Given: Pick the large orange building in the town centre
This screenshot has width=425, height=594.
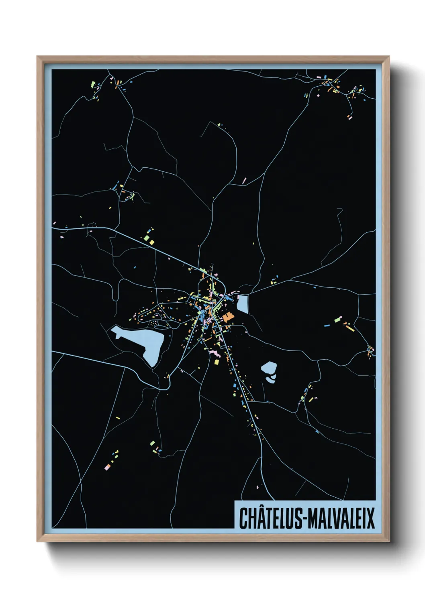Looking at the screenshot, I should coord(228,317).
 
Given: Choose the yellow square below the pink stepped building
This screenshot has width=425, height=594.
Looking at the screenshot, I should coord(217,362).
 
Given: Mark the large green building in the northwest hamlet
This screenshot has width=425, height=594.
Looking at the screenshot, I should coord(93,84).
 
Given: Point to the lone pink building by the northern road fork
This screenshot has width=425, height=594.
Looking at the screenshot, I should coord(244,181).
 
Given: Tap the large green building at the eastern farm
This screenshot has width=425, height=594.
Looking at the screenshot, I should coord(337,321).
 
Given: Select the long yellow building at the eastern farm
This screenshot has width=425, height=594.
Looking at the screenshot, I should coord(350,328).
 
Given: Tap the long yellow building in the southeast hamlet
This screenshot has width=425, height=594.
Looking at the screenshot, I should coord(311,399).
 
